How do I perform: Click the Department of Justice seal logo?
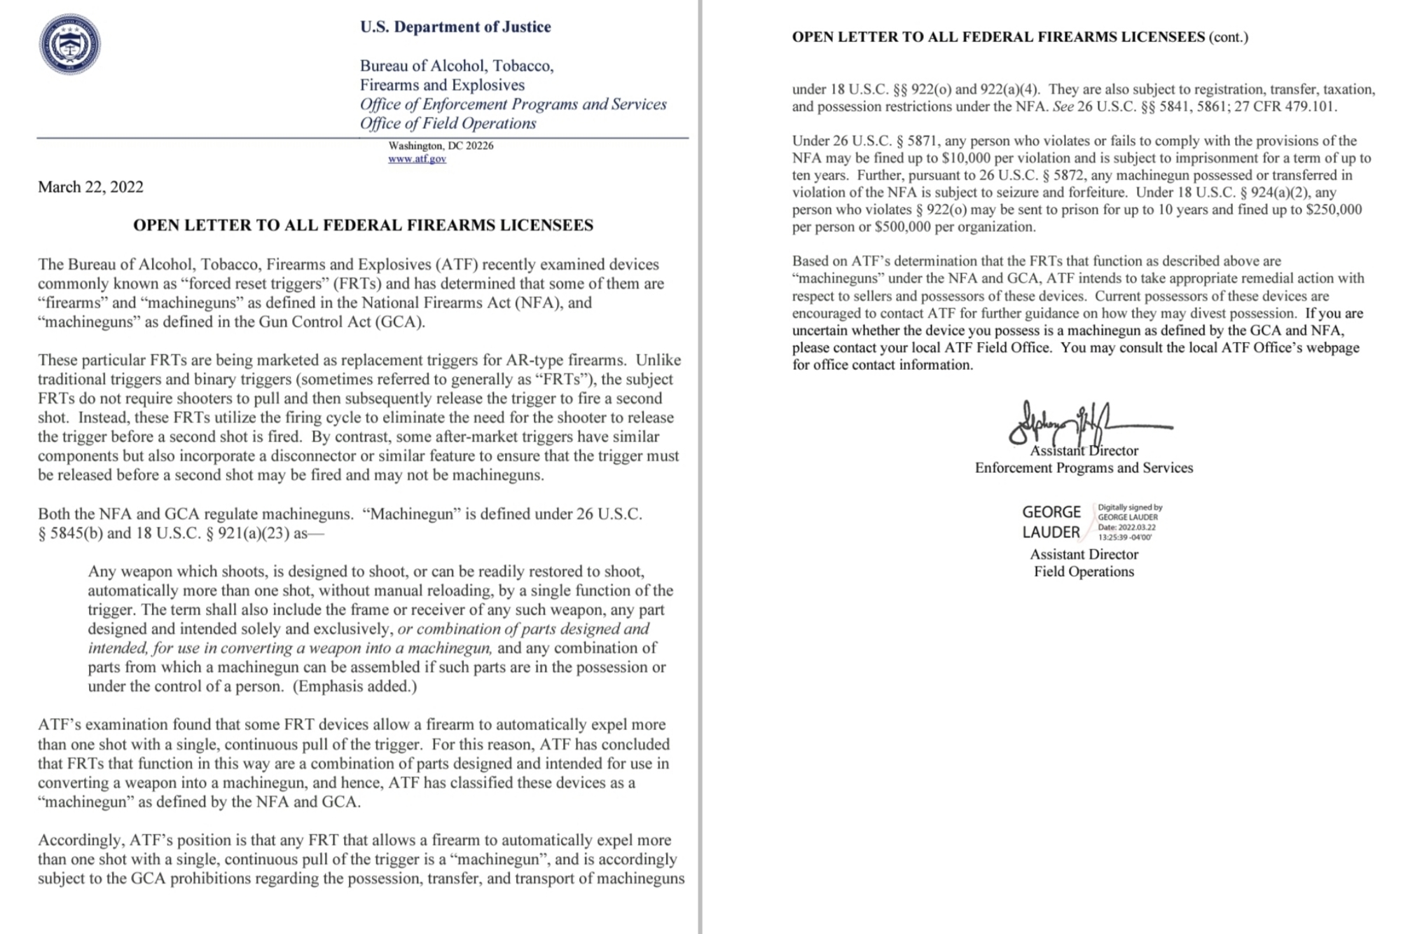coord(69,44)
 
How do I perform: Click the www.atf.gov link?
coord(417,159)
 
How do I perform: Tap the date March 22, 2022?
coord(90,187)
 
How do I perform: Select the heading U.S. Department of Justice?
coord(455,27)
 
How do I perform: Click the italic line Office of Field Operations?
coord(448,123)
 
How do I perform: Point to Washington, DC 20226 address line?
coord(441,146)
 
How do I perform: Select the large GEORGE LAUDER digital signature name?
coord(1051,522)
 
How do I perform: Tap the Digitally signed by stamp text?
coord(1129,507)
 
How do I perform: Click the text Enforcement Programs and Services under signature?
coord(1084,468)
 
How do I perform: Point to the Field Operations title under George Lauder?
coord(1084,572)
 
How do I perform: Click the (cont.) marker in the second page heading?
coord(1229,37)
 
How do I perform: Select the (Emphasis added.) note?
coord(354,687)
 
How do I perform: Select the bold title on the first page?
coord(363,225)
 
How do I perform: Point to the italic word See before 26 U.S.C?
coord(1062,107)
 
